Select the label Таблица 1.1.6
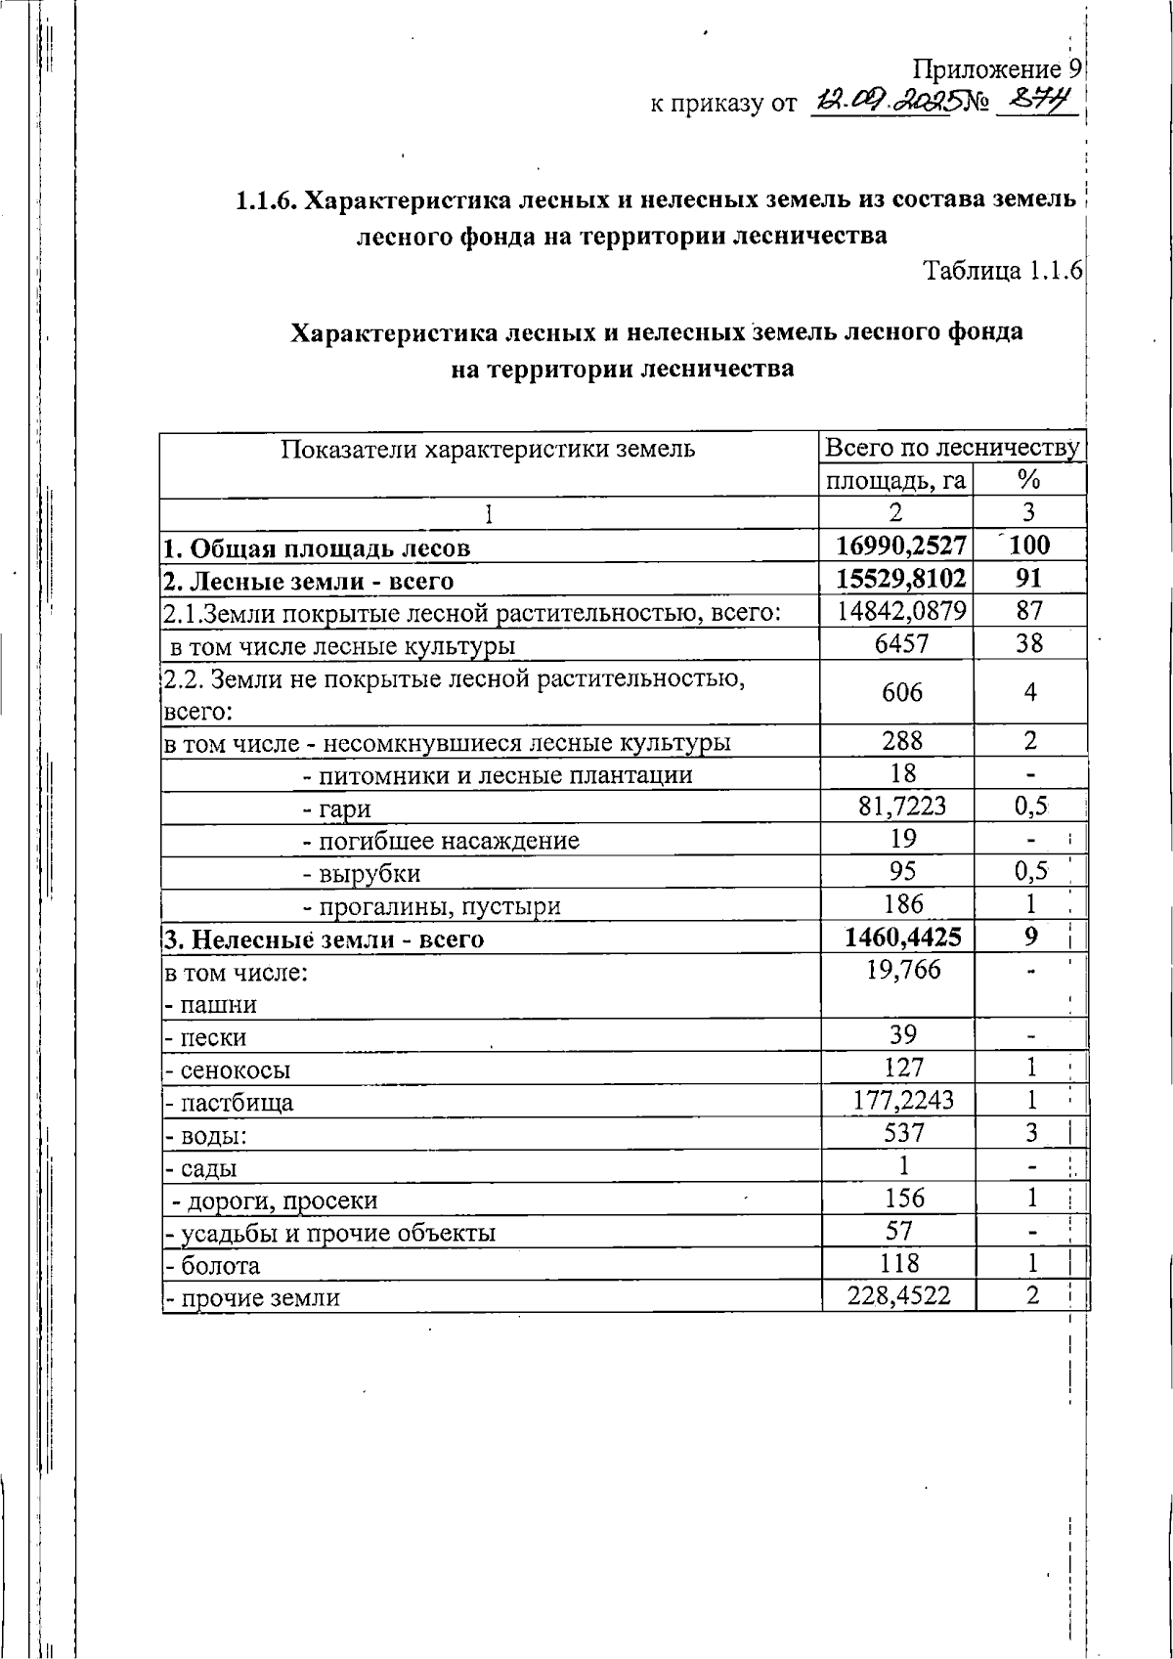(1002, 270)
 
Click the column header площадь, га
(895, 479)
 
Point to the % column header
(1028, 479)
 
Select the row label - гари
(336, 808)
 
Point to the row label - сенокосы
(228, 1070)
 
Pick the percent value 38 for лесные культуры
(1029, 643)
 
